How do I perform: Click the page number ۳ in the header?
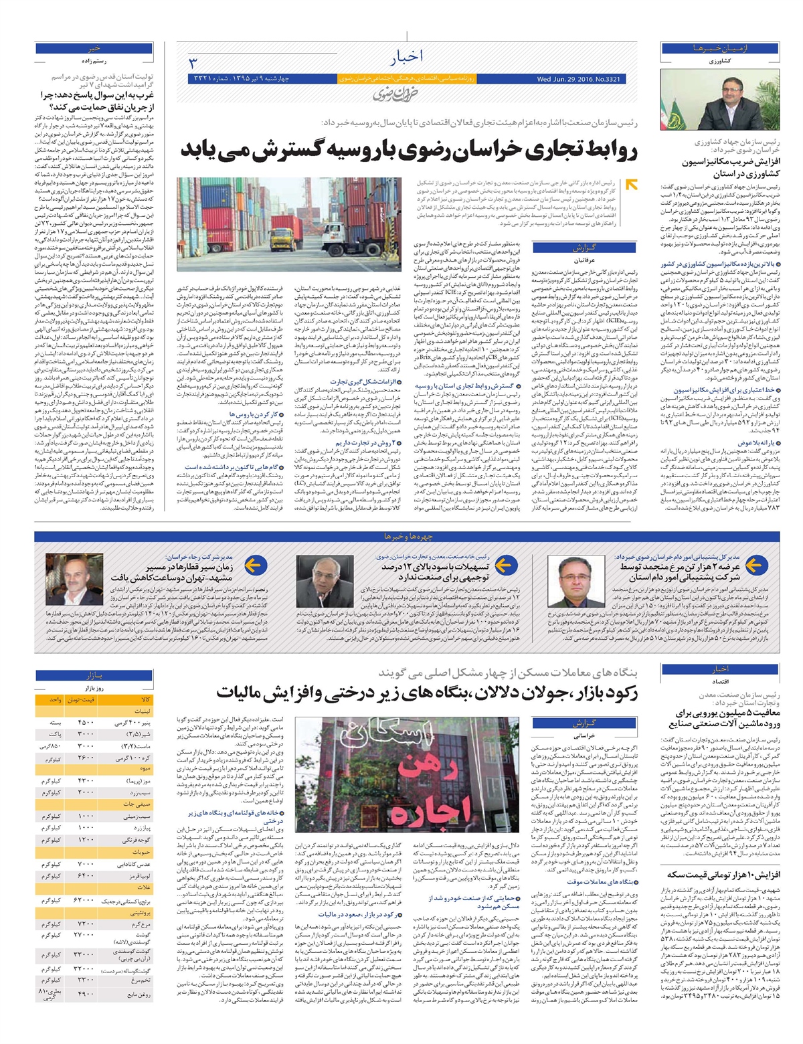pyautogui.click(x=193, y=64)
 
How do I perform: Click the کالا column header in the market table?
pyautogui.click(x=145, y=699)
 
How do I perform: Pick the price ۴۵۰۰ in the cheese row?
pyautogui.click(x=86, y=723)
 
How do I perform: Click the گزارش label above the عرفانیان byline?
pyautogui.click(x=584, y=248)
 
